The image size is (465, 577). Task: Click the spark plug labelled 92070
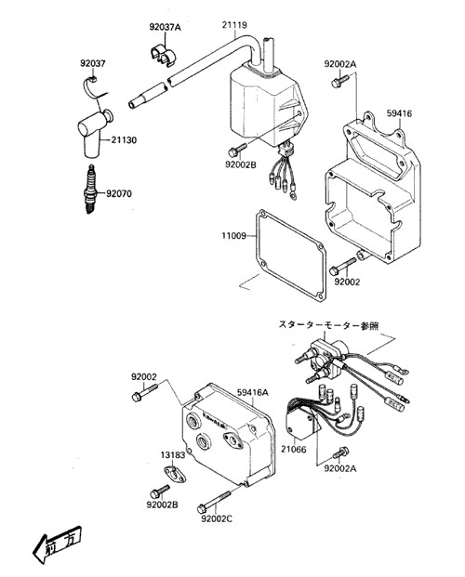tap(90, 190)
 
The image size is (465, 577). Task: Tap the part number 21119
tap(234, 25)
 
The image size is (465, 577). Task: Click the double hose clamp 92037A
tap(163, 55)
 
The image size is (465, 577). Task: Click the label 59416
tap(399, 113)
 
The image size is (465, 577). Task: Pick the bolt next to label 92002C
tap(214, 503)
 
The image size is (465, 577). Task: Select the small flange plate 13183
tap(174, 474)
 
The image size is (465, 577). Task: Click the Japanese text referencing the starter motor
tap(328, 326)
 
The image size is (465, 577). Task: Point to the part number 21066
tap(294, 450)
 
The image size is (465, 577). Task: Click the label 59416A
tap(253, 393)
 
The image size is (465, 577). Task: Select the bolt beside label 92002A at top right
tap(339, 82)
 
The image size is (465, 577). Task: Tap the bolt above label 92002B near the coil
tap(237, 151)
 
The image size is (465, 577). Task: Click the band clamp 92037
tap(92, 87)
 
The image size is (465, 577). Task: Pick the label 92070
tap(119, 193)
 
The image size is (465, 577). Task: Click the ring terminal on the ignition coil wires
tap(293, 195)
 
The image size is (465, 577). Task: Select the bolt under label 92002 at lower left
tap(144, 392)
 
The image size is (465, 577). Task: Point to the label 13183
tap(173, 455)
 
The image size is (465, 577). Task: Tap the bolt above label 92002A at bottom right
tap(341, 452)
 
